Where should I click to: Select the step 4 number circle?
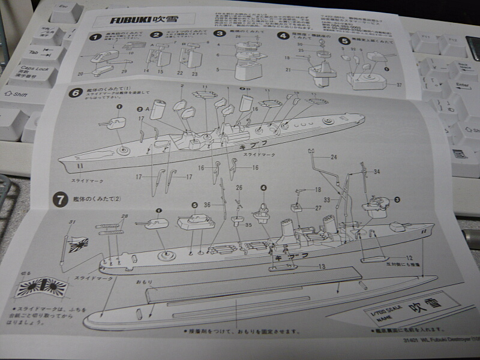point(283,35)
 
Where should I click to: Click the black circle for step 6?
point(76,93)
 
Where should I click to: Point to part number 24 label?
point(334,158)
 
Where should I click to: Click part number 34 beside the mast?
point(376,172)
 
